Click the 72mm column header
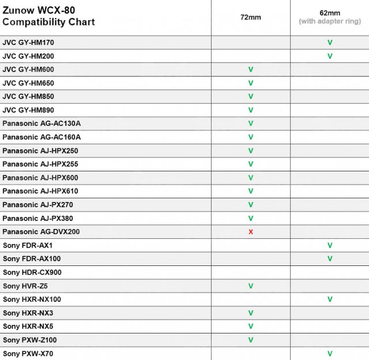pos(251,17)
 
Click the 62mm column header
pos(330,12)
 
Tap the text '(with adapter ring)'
pos(330,21)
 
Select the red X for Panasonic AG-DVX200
pos(251,232)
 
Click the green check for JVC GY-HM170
pos(330,43)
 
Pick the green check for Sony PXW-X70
pos(330,354)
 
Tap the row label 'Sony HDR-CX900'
pos(32,272)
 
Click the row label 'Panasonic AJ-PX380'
pos(38,218)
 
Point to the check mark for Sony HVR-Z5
pos(251,286)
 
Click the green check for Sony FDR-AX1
pos(330,245)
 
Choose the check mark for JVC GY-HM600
pos(251,69)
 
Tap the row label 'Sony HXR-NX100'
pos(32,299)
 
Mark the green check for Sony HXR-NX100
pos(330,299)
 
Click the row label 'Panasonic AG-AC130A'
pos(42,123)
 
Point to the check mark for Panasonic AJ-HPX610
pos(251,191)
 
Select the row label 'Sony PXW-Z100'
pos(30,340)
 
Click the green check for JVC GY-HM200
pos(330,56)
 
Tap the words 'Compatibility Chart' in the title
pos(49,22)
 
